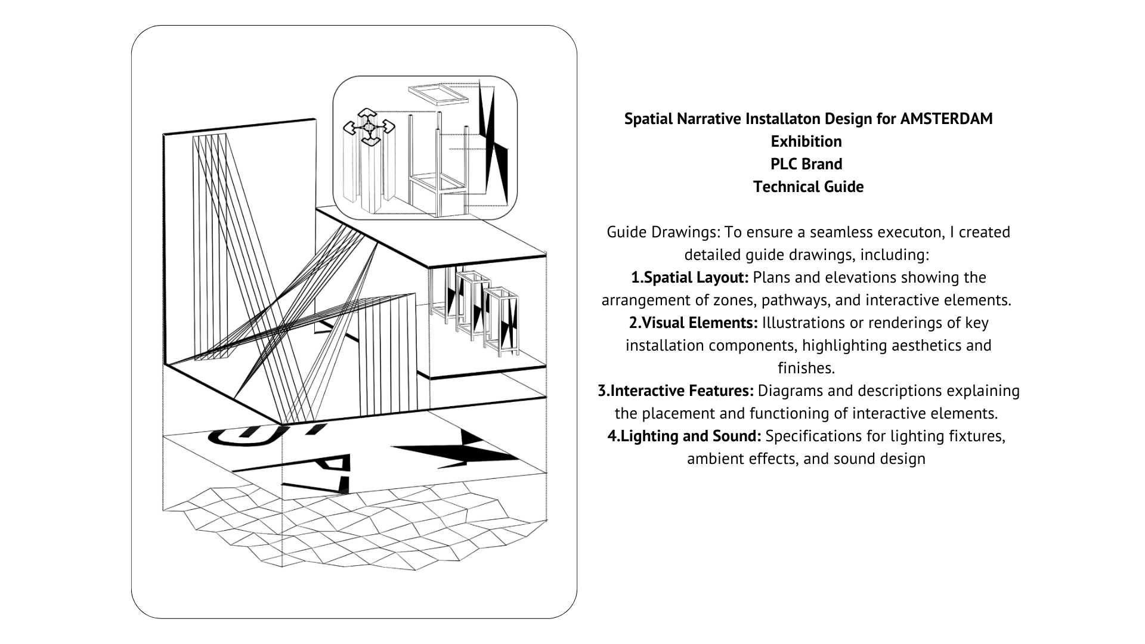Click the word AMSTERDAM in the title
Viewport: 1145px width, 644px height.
tap(946, 119)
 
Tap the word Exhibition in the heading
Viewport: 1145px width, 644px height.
tap(806, 141)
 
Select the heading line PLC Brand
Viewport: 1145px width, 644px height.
tap(806, 164)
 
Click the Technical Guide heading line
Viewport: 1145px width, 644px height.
tap(808, 187)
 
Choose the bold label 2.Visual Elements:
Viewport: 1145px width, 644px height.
tap(693, 323)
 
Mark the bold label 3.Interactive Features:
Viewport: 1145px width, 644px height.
tap(676, 391)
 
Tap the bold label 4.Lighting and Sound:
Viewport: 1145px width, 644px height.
tap(684, 436)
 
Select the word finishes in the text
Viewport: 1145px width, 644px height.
tap(806, 368)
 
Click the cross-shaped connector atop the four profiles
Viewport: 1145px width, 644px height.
tap(369, 126)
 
